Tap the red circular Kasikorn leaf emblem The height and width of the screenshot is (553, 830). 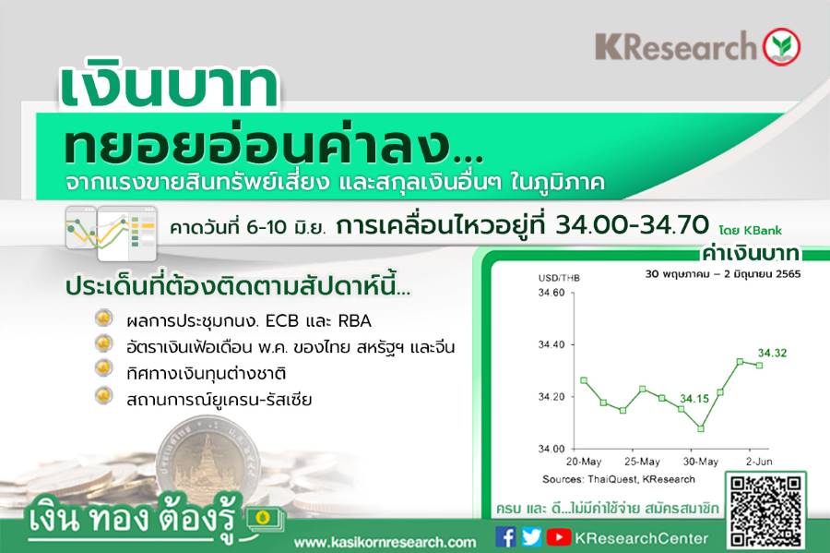781,46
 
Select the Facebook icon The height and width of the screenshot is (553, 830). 505,537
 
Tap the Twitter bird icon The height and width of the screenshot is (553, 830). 531,537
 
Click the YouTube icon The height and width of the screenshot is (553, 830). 559,537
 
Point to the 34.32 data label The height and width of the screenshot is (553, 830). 772,353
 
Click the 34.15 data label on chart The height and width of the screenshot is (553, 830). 694,398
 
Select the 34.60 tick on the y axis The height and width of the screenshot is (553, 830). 551,293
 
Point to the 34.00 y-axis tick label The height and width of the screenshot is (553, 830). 551,449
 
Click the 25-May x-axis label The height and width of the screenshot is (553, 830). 642,462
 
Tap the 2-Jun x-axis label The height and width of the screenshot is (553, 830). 759,462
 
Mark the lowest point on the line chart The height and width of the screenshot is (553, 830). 701,428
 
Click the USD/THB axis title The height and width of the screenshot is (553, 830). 559,278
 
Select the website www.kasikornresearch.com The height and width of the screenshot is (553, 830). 385,543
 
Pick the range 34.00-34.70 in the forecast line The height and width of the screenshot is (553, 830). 632,225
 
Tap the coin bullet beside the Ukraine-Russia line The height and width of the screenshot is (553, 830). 103,396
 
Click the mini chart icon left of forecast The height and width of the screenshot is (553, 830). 112,233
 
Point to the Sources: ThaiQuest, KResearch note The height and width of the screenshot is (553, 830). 618,479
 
